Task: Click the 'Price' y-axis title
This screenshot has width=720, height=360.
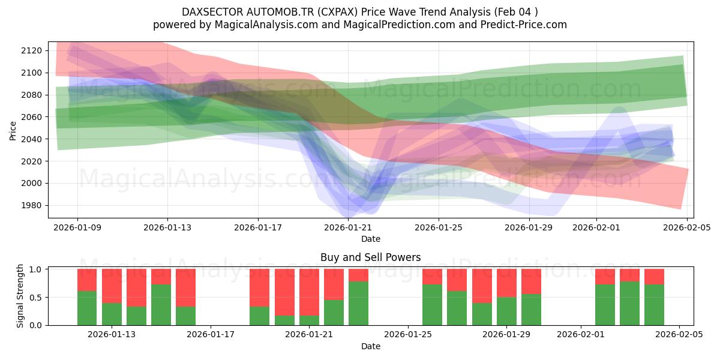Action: click(x=13, y=130)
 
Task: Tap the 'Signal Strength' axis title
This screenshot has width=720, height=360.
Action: click(x=20, y=296)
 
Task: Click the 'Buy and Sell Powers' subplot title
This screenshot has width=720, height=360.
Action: click(x=370, y=257)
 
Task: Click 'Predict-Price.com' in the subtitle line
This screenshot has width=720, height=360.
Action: click(x=522, y=25)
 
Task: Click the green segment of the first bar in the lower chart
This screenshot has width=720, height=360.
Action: click(x=87, y=308)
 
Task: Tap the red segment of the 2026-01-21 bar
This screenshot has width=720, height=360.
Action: click(x=309, y=292)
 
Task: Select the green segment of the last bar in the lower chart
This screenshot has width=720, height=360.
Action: click(x=654, y=305)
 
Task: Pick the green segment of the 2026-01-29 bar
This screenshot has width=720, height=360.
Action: click(x=506, y=311)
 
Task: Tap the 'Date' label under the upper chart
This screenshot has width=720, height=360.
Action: click(x=370, y=239)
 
